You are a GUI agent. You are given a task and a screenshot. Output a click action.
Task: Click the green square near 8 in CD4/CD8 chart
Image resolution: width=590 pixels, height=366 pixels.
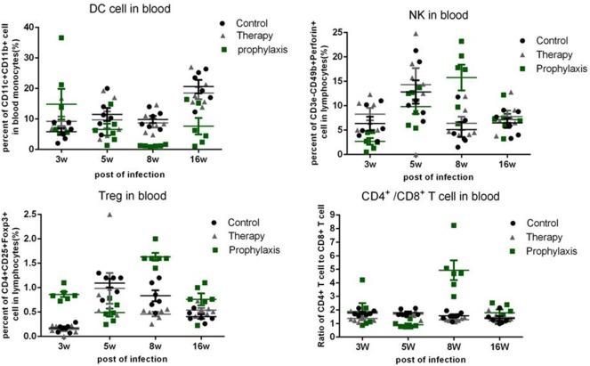(454, 226)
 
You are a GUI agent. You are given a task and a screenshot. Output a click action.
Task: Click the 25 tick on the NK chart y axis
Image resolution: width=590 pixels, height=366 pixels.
(328, 33)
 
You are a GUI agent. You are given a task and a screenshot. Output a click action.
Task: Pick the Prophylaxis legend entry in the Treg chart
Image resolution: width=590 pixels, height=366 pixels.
(254, 250)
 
